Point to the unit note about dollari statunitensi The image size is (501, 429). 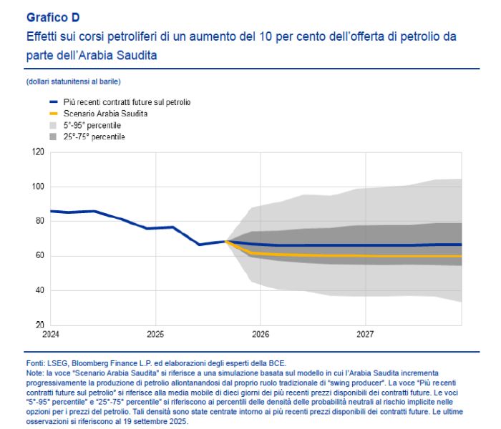tap(72, 82)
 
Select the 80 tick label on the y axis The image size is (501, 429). tap(39, 221)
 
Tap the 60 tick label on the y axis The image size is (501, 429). tap(39, 256)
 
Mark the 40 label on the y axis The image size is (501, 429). tap(39, 290)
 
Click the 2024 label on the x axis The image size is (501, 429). tap(51, 334)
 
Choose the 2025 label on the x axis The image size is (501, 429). tap(155, 334)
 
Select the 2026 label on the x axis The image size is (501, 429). tap(261, 334)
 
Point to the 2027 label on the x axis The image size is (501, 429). tap(365, 334)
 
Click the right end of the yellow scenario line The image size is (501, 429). tap(461, 256)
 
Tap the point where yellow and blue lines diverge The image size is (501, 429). tap(227, 242)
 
